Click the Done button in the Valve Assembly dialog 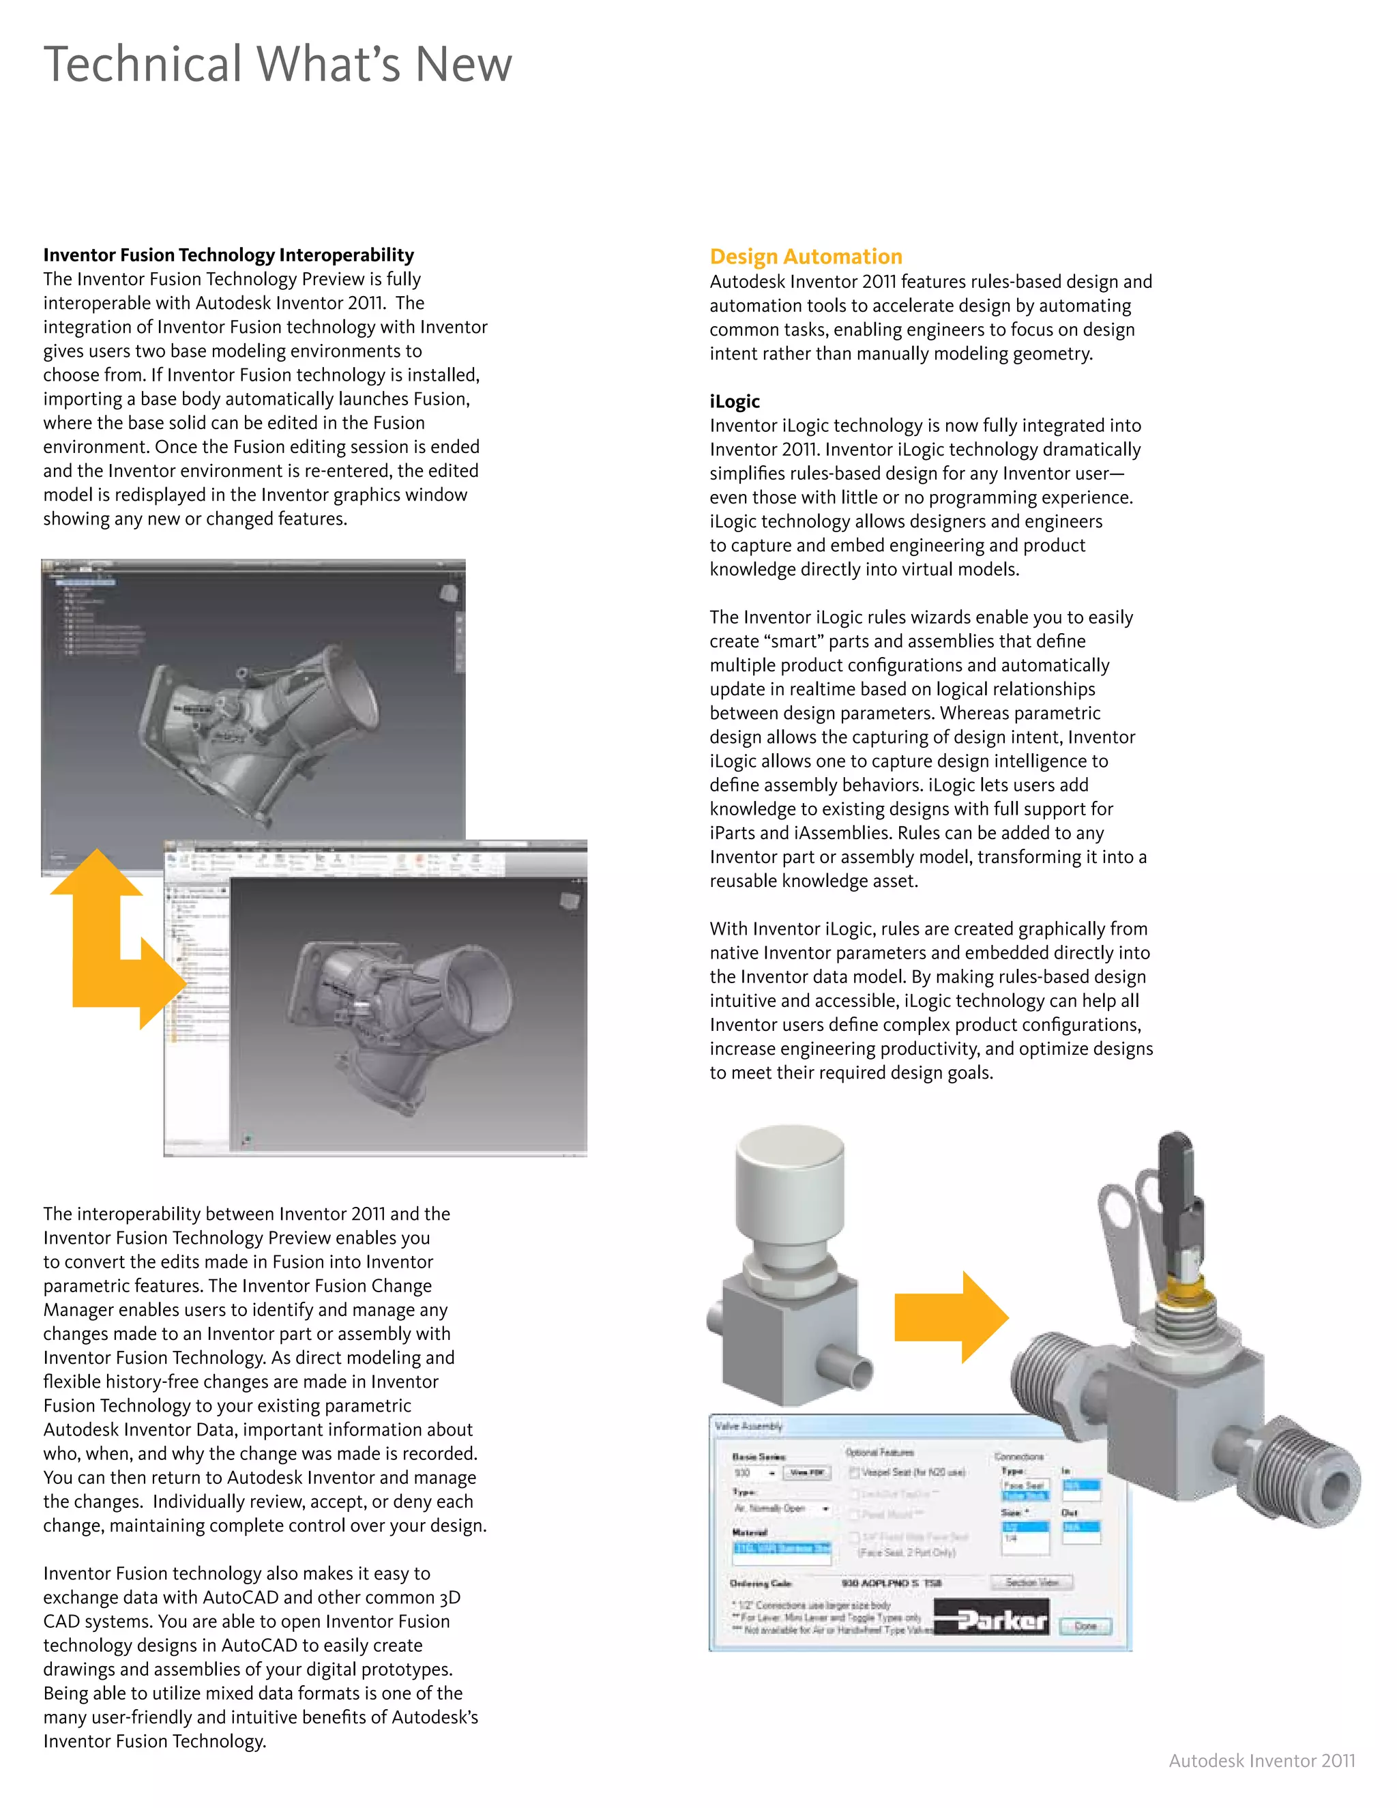(1085, 1626)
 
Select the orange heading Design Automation (806, 257)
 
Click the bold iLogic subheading (734, 401)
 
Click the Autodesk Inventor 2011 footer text (1261, 1761)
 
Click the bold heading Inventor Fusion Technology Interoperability (229, 255)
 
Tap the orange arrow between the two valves (952, 1317)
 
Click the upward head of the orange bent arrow (97, 874)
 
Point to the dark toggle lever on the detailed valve (1175, 1184)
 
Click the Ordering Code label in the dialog (761, 1583)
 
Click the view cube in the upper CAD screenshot (449, 593)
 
